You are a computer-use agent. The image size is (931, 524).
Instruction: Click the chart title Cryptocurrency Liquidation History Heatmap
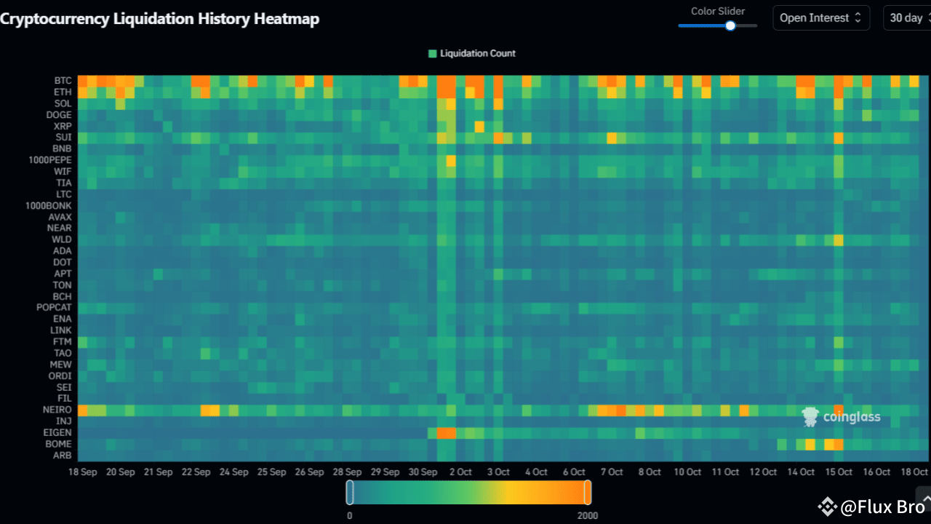pos(159,19)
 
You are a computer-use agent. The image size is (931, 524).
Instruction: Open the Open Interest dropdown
pos(820,18)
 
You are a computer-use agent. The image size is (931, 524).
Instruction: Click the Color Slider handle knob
pos(730,25)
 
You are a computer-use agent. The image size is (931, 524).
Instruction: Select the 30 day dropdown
pos(906,18)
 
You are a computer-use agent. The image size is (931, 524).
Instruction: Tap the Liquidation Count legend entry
pos(472,53)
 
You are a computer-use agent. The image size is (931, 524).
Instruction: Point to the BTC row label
pos(63,81)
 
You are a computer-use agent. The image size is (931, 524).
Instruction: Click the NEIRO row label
pos(57,410)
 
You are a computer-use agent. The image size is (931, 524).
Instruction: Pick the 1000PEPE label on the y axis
pos(49,160)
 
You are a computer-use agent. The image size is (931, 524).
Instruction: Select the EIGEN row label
pos(57,433)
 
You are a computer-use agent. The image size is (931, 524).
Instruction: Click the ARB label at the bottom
pos(63,456)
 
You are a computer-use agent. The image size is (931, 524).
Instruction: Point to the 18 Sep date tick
pos(83,472)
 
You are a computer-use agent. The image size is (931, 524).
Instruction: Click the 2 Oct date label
pos(461,472)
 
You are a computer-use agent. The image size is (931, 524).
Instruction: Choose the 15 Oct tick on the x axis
pos(839,472)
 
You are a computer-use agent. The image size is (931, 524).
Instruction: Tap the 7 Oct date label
pos(612,472)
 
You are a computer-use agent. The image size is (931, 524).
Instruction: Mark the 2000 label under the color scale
pos(588,516)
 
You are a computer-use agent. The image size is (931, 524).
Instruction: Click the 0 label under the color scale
pos(350,516)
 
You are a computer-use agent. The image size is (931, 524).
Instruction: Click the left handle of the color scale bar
pos(350,493)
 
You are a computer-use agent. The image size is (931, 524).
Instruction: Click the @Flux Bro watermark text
pos(882,507)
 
